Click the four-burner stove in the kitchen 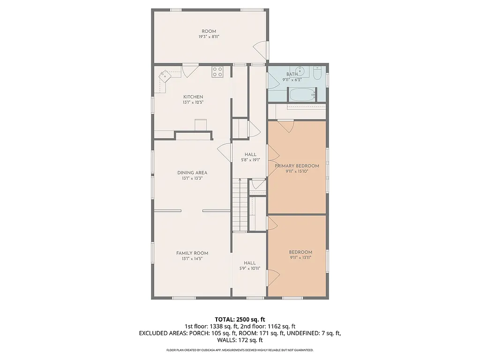pos(217,72)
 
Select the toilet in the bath pos(318,74)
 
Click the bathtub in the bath pos(302,95)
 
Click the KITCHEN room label pos(193,97)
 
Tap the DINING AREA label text pos(192,172)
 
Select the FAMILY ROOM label pos(192,253)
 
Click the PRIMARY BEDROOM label pos(297,166)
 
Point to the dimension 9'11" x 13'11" pos(300,257)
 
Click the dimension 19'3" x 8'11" pos(209,37)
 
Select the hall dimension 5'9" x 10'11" pos(250,269)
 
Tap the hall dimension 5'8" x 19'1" pos(250,160)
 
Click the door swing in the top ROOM pos(260,49)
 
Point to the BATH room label pos(292,74)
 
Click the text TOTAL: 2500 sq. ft pos(240,319)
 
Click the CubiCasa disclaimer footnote pos(240,350)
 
